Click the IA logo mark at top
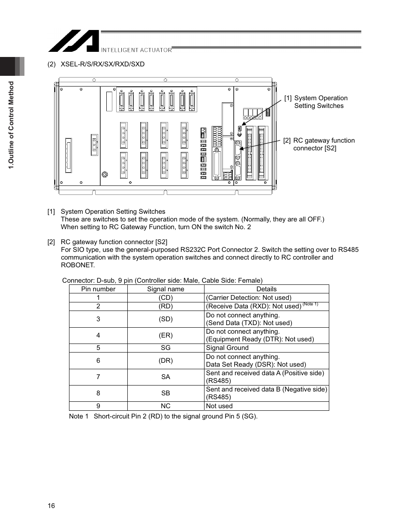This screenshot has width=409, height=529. [x=73, y=41]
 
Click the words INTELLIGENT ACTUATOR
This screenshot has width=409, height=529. [x=136, y=50]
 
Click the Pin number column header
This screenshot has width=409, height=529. [x=98, y=289]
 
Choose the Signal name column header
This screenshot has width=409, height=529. [x=165, y=289]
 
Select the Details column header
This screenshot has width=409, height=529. [x=266, y=289]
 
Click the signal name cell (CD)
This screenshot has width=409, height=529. [x=165, y=298]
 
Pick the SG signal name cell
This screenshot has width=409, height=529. [x=165, y=348]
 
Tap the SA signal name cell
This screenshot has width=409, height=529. [x=165, y=377]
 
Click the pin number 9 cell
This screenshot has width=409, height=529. [x=98, y=406]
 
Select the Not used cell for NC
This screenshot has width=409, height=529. [x=219, y=406]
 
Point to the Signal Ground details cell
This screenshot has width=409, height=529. [x=227, y=348]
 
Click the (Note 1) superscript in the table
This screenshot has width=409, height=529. [x=310, y=304]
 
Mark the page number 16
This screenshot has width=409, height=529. [x=51, y=506]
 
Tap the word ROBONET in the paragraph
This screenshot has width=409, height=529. [x=77, y=265]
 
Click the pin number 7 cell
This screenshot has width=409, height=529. [x=98, y=377]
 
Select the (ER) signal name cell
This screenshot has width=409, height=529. [x=165, y=335]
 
